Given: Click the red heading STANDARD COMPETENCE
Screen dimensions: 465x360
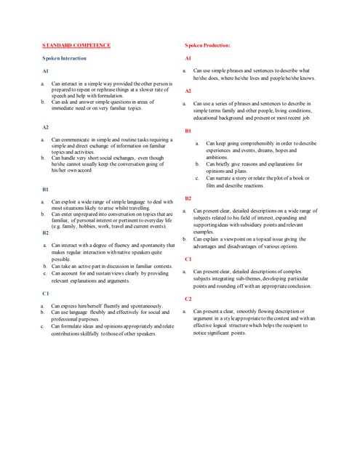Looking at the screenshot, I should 76,45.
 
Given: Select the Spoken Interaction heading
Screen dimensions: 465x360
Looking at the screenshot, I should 65,57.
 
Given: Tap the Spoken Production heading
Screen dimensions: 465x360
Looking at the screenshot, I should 207,45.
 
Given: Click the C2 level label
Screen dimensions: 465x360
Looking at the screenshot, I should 188,299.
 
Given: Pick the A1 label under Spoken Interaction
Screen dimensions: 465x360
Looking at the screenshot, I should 45,72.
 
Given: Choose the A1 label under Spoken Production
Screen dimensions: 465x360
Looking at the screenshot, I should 188,58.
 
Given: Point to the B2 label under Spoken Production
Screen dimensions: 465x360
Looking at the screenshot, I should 188,198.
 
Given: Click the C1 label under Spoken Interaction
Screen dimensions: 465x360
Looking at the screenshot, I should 45,293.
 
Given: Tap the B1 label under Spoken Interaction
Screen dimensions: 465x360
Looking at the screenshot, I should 45,189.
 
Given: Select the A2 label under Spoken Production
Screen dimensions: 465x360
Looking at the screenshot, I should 188,91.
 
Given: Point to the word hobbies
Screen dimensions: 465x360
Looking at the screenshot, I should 92,226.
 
